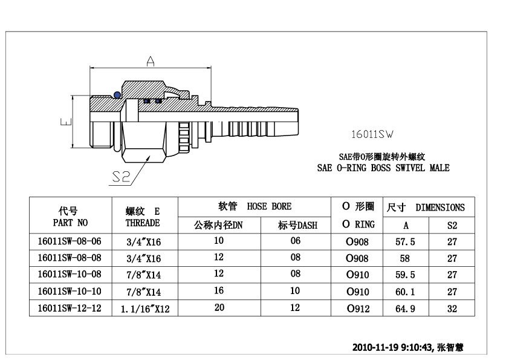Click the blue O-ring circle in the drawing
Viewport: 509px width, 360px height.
click(115, 94)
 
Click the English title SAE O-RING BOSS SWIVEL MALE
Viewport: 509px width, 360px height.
click(383, 168)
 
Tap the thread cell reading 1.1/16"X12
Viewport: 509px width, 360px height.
click(145, 309)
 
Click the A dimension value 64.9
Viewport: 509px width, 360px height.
click(406, 309)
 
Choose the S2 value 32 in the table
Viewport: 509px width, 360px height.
click(452, 309)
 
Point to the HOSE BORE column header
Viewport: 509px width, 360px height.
click(269, 206)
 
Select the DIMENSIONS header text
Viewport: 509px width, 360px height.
click(440, 208)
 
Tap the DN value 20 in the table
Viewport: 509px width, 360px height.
click(219, 308)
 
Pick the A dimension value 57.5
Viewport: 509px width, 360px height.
click(406, 241)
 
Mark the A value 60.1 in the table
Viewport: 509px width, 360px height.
click(406, 292)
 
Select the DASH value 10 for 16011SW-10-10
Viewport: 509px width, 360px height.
click(295, 291)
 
